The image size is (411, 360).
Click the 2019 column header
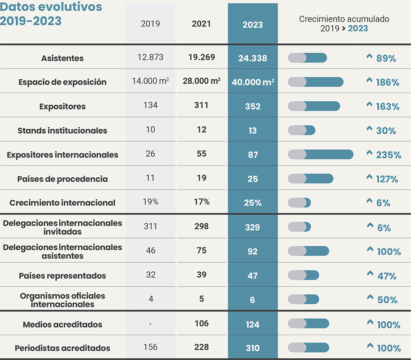pyautogui.click(x=150, y=24)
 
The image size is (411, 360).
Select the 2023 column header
pyautogui.click(x=252, y=25)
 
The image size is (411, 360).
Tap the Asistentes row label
pyautogui.click(x=63, y=58)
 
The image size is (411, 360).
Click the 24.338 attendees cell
pyautogui.click(x=252, y=58)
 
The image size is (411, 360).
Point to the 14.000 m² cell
pyautogui.click(x=150, y=81)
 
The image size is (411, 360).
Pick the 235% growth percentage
pyautogui.click(x=389, y=155)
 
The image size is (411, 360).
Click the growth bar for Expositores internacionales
pyautogui.click(x=320, y=154)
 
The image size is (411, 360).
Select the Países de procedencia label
pyautogui.click(x=63, y=179)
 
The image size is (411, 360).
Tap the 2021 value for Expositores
pyautogui.click(x=201, y=105)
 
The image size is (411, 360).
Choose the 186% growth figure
pyautogui.click(x=388, y=82)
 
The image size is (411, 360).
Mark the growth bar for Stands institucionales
pyautogui.click(x=301, y=130)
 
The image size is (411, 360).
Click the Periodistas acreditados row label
pyautogui.click(x=63, y=348)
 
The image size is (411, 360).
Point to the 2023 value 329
pyautogui.click(x=252, y=227)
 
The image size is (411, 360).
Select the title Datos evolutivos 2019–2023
pyautogui.click(x=51, y=14)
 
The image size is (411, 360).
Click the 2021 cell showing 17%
pyautogui.click(x=201, y=202)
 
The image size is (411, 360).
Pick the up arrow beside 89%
pyautogui.click(x=370, y=57)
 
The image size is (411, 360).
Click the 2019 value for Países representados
pyautogui.click(x=150, y=275)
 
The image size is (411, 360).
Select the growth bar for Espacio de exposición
pyautogui.click(x=315, y=82)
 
